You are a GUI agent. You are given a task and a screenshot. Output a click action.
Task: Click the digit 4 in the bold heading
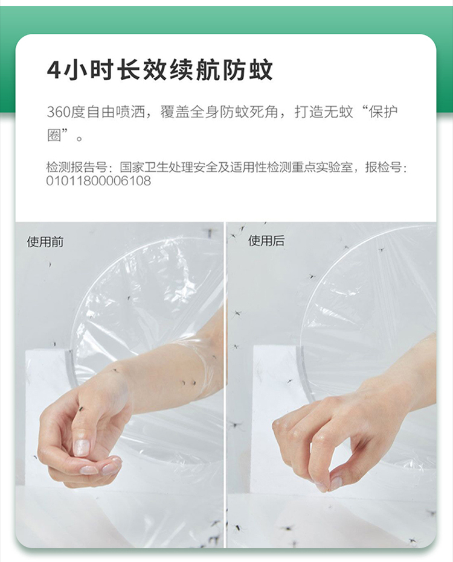click(x=54, y=69)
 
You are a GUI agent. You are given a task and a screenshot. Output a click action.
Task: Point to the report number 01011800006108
click(x=98, y=181)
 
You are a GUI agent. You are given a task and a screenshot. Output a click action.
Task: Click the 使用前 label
click(x=45, y=242)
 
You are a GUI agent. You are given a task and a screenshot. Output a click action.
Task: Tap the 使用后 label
click(x=266, y=241)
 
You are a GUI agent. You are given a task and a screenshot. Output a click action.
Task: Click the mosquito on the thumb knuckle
click(x=81, y=408)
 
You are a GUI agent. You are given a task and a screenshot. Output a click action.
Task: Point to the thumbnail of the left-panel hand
click(x=81, y=447)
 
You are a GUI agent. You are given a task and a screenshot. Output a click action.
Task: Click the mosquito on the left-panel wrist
click(x=115, y=371)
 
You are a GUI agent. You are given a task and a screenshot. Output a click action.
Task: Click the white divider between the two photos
click(x=225, y=385)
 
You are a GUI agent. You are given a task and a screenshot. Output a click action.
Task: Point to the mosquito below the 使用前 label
click(x=50, y=265)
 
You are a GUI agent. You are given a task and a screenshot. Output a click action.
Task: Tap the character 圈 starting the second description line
click(x=54, y=136)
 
